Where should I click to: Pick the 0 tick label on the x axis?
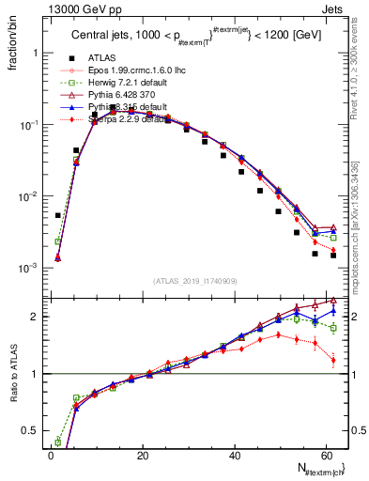tap(51, 454)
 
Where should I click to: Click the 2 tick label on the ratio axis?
tap(37, 317)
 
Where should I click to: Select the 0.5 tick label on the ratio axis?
tap(33, 430)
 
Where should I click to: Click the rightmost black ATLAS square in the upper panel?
tap(333, 255)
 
